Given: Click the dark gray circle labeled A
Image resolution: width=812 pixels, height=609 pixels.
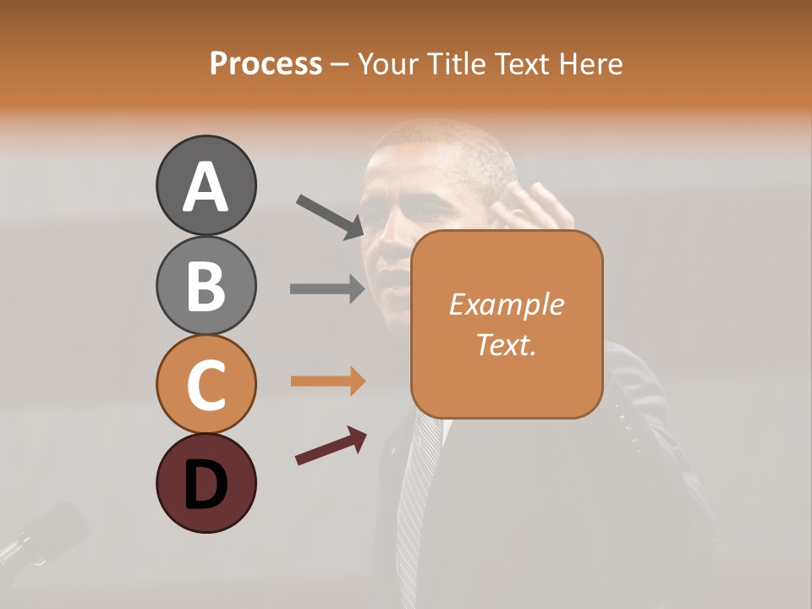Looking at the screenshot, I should pyautogui.click(x=206, y=185).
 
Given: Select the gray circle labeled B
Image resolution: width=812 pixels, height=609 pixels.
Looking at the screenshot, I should pyautogui.click(x=206, y=285).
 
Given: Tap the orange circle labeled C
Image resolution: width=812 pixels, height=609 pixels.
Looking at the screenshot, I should pyautogui.click(x=206, y=384).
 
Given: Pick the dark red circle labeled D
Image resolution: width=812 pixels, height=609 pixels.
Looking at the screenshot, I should pyautogui.click(x=206, y=483).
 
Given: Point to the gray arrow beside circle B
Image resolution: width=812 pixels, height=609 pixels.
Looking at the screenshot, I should pyautogui.click(x=327, y=288).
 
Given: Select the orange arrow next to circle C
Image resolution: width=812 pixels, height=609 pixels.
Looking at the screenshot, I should pyautogui.click(x=327, y=381).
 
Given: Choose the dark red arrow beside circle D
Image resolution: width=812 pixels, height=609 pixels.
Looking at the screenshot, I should pyautogui.click(x=331, y=446).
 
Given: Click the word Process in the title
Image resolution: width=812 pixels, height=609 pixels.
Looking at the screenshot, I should pyautogui.click(x=266, y=63).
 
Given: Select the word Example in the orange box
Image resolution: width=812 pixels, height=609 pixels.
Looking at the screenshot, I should pyautogui.click(x=506, y=304).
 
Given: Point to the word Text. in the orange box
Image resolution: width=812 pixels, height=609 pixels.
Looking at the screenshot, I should pyautogui.click(x=506, y=344).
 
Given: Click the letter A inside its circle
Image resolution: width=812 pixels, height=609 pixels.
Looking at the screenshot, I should pyautogui.click(x=206, y=187).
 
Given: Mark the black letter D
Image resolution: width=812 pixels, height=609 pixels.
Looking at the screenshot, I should pyautogui.click(x=206, y=485).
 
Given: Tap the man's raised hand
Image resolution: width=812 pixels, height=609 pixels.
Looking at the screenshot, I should pyautogui.click(x=538, y=208).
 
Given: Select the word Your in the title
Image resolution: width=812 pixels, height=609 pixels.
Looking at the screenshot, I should pyautogui.click(x=390, y=63).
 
